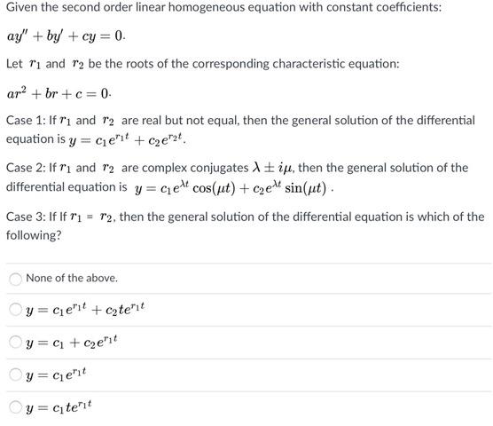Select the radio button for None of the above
[x=15, y=279]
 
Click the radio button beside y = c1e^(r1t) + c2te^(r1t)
[x=15, y=310]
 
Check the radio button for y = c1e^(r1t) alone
[x=15, y=375]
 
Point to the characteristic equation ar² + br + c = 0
[x=59, y=92]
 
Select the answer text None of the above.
[x=72, y=279]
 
